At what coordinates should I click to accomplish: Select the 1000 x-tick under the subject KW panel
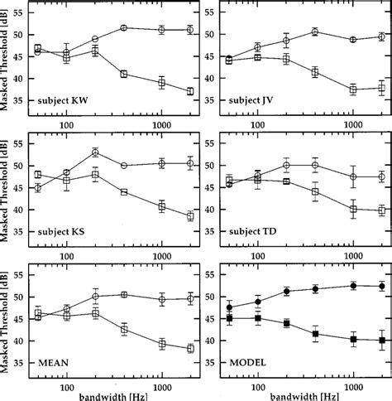[163, 121]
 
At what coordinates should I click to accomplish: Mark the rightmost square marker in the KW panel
[189, 91]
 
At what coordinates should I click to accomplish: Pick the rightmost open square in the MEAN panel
[189, 349]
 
